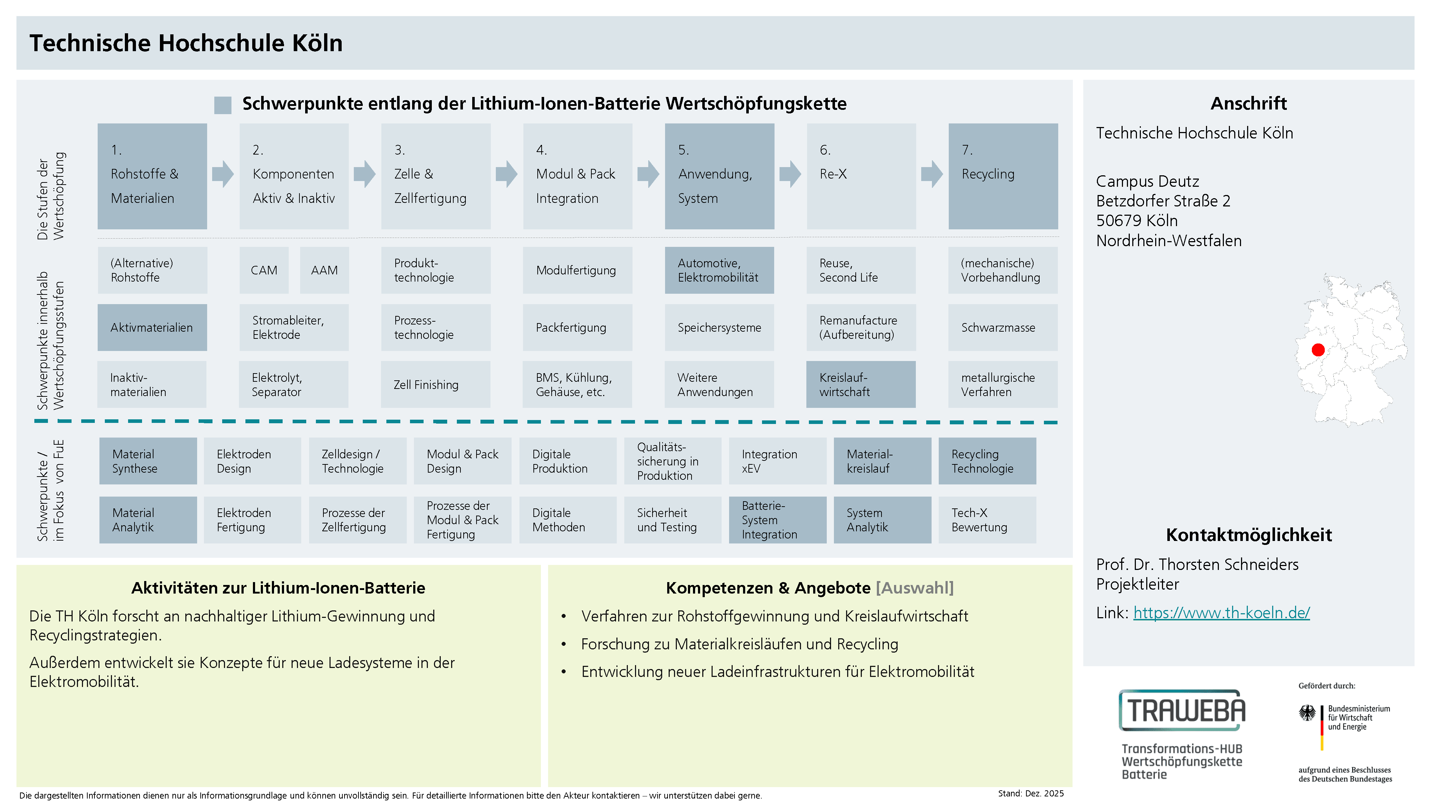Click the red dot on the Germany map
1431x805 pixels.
tap(1318, 350)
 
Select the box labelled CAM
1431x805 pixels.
tap(264, 270)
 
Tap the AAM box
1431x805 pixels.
tap(324, 270)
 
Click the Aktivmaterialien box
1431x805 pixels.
tap(152, 328)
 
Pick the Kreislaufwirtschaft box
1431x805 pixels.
tap(860, 385)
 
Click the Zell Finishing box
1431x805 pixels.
tap(435, 385)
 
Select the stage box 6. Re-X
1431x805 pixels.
tap(860, 176)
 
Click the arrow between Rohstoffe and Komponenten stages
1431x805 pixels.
tap(223, 174)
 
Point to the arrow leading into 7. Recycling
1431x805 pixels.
tap(932, 174)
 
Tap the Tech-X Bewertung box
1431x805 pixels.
tap(987, 520)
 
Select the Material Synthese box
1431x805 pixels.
tap(148, 461)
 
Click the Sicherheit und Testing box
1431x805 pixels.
tap(672, 520)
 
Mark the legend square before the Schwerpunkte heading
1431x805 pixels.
tap(223, 105)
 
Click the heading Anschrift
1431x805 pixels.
tap(1248, 103)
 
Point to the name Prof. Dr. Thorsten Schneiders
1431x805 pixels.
tap(1197, 565)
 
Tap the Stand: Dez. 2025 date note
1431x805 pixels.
tap(1030, 793)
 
